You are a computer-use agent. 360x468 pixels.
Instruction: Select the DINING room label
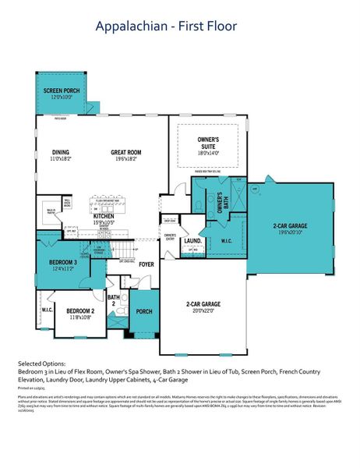point(62,152)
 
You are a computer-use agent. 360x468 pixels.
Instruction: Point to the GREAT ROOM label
point(125,152)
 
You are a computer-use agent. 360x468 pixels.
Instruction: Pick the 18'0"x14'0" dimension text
point(207,154)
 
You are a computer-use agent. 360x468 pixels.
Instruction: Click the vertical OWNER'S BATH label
point(220,204)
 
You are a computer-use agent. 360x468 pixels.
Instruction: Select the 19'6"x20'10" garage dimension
point(288,232)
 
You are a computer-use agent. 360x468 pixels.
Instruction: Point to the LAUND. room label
point(192,241)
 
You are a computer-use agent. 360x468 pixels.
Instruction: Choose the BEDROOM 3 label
point(64,262)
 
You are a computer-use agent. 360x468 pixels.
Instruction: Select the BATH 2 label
point(114,300)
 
